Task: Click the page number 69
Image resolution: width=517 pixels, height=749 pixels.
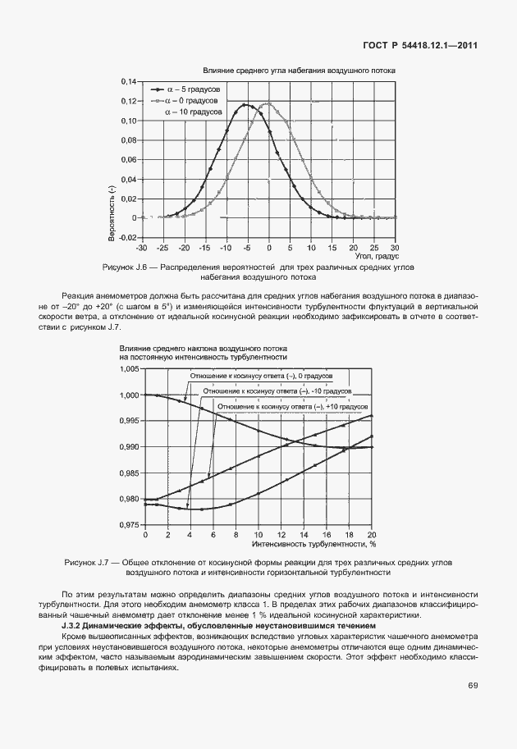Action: click(473, 686)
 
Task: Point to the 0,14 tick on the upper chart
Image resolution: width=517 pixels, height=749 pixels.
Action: click(126, 82)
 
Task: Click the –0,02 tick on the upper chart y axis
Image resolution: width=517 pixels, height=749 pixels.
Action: click(125, 237)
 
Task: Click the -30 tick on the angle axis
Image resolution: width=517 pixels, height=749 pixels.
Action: click(141, 247)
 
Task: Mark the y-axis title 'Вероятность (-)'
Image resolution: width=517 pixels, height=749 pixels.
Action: click(111, 212)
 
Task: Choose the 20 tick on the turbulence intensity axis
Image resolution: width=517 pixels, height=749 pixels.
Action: click(372, 534)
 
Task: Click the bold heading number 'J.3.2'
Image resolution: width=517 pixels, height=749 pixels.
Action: click(79, 626)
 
